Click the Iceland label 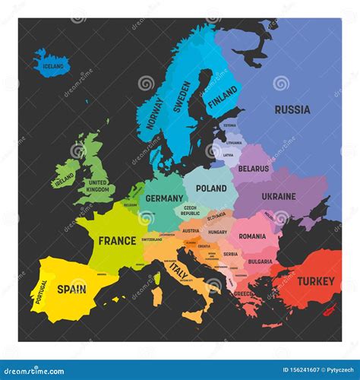[x=53, y=66]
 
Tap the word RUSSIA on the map [x=292, y=109]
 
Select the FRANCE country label [x=117, y=240]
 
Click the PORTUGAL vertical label [x=42, y=292]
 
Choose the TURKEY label [x=315, y=281]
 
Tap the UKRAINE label [x=279, y=196]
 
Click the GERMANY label [x=165, y=198]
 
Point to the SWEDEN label [x=182, y=97]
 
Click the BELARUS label [x=254, y=169]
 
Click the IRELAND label [x=65, y=179]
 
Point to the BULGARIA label [x=260, y=261]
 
